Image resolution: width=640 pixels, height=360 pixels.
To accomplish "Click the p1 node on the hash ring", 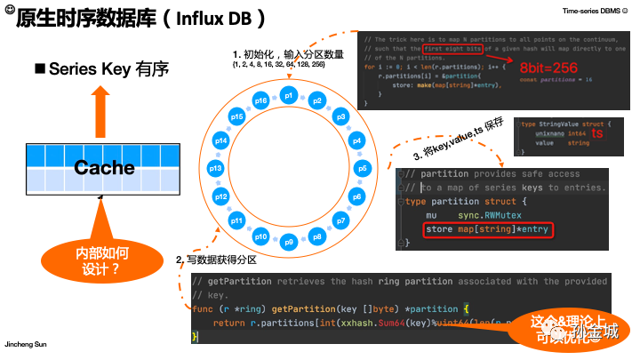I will coord(287,94).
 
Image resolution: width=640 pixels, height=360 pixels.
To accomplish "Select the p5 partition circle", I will coord(361,168).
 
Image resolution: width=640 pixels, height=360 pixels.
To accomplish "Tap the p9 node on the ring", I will coord(287,242).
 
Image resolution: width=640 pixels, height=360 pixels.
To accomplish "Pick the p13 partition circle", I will coord(214,168).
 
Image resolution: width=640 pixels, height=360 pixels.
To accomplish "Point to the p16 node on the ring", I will coord(261,100).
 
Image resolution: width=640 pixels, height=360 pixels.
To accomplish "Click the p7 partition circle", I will coord(340,220).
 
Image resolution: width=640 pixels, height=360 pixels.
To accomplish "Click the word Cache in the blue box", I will coord(104,167).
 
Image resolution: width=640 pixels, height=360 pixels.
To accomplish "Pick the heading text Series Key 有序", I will coord(108,68).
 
